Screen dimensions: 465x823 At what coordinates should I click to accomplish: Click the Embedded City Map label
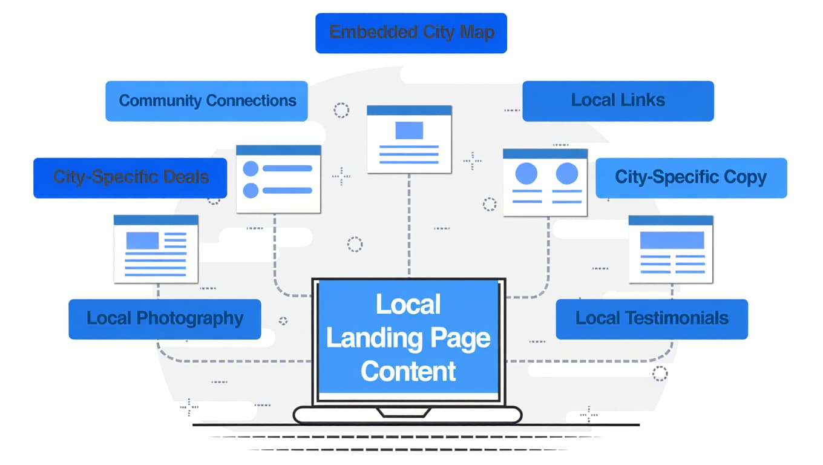coord(411,33)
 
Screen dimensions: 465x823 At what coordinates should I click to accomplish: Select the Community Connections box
coord(206,101)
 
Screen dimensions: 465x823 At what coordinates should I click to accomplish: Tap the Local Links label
coord(618,101)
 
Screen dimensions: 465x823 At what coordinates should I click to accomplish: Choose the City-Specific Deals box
coord(130,177)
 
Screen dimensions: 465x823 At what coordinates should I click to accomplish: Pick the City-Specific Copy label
coord(690,177)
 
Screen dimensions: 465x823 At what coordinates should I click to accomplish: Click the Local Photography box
coord(165,318)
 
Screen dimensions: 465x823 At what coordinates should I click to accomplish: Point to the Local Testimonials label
coord(652,318)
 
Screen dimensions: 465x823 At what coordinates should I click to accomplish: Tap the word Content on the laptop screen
coord(408,371)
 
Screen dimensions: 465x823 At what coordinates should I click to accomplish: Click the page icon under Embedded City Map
coord(409,139)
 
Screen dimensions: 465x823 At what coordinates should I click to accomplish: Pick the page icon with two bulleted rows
coord(278,179)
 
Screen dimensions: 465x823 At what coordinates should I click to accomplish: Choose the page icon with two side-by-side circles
coord(545,182)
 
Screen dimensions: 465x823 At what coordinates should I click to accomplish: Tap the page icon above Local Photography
coord(156,248)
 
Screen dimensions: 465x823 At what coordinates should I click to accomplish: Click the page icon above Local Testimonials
coord(671,248)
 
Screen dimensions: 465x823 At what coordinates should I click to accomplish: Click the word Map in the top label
coord(477,33)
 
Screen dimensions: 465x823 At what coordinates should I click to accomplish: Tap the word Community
coord(160,101)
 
